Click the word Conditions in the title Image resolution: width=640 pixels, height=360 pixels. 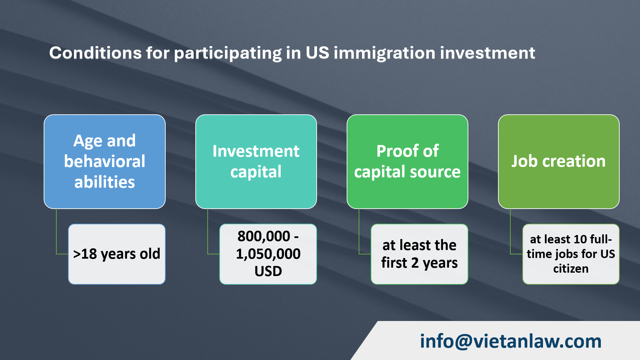click(95, 53)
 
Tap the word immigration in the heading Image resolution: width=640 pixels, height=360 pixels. click(384, 53)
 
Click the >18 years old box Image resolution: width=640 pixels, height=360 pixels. click(117, 254)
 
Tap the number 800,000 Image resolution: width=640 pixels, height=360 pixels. click(264, 236)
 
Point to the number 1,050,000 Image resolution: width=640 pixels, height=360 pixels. click(268, 254)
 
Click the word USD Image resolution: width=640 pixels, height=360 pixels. click(268, 271)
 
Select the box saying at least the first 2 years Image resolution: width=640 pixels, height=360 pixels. click(419, 254)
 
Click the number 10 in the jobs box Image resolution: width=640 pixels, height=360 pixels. click(580, 239)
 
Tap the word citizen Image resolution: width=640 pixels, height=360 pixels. click(571, 269)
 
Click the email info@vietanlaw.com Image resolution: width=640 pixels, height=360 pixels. click(510, 341)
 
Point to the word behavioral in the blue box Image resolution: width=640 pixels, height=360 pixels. click(104, 161)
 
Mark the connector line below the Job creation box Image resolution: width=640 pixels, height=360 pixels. click(510, 233)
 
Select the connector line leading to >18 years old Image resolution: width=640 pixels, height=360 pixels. click(56, 233)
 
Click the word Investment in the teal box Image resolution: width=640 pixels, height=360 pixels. click(256, 151)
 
